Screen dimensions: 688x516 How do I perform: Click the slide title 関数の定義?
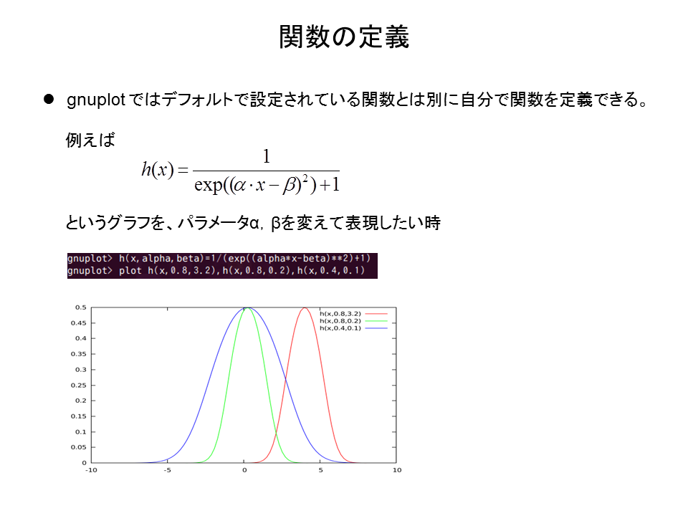(344, 37)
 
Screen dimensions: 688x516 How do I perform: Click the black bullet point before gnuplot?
(49, 99)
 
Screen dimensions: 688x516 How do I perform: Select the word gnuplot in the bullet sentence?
(96, 100)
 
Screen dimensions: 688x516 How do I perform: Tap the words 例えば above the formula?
(90, 140)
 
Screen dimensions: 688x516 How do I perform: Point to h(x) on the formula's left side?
(158, 169)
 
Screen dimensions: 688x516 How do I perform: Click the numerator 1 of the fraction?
(266, 157)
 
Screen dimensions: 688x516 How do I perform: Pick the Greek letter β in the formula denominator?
(290, 185)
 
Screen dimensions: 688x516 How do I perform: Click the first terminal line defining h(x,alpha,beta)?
(219, 259)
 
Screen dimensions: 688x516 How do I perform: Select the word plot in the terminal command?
(130, 270)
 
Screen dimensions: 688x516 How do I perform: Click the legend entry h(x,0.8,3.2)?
(340, 314)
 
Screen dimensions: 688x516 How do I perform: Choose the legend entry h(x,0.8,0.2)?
(340, 321)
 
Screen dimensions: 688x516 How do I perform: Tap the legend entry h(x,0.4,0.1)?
(340, 328)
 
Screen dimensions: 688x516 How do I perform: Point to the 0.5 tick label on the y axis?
(81, 307)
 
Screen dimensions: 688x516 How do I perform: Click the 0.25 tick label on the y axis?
(79, 386)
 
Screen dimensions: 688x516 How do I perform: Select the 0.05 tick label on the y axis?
(79, 447)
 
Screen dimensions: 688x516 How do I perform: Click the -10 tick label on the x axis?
(91, 470)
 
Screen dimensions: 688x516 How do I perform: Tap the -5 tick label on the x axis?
(168, 470)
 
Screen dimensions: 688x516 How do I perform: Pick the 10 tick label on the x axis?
(396, 470)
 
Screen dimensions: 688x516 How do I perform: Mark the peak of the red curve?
(305, 308)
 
